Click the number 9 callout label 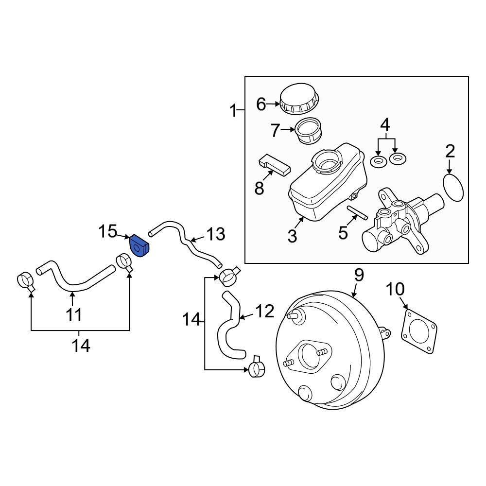[358, 276]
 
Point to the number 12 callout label [265, 312]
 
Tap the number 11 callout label [73, 314]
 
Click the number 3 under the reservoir [292, 236]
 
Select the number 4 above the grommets [384, 125]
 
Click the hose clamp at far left [25, 281]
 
